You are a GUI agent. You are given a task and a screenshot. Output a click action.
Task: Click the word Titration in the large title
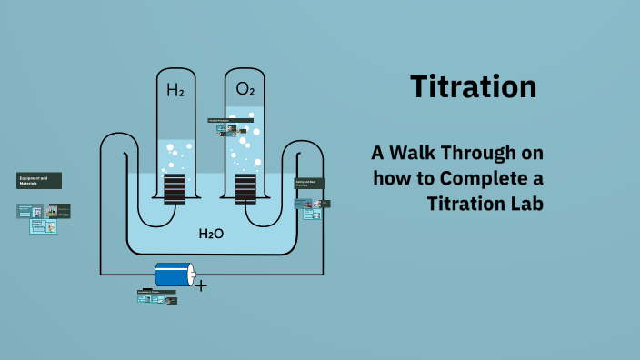click(x=473, y=87)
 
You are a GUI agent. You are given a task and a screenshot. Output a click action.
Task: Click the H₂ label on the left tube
click(x=175, y=90)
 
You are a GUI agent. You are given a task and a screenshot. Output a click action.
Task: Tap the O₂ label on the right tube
click(x=245, y=89)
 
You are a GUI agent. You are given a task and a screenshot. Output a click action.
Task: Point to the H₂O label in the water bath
click(x=211, y=234)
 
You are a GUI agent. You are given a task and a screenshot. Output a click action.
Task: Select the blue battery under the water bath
click(x=173, y=275)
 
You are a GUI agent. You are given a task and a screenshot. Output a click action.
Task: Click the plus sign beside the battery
click(x=201, y=285)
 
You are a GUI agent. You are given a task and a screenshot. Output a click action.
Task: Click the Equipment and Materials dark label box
click(x=39, y=180)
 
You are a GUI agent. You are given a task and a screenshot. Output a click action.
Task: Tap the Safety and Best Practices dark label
click(x=310, y=184)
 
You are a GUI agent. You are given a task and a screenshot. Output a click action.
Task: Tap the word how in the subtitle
click(x=391, y=176)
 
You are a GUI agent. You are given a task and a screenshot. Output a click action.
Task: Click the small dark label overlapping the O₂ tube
click(x=218, y=120)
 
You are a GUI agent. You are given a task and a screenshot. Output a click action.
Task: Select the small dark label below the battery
click(x=155, y=292)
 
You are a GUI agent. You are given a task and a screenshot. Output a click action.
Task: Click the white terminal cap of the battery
click(x=191, y=275)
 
